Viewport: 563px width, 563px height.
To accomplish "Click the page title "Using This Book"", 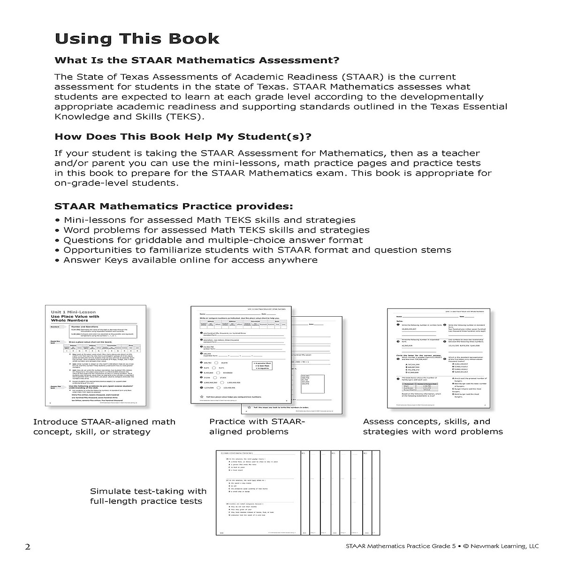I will (137, 38).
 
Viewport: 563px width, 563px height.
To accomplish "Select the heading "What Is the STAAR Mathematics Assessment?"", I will (197, 61).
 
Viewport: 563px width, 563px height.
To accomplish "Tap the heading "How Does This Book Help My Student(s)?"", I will (183, 137).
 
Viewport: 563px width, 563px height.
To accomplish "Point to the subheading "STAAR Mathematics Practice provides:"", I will (174, 206).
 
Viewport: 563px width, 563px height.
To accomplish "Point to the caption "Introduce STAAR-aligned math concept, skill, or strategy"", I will (104, 426).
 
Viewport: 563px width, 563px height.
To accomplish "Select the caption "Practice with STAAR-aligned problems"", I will (257, 426).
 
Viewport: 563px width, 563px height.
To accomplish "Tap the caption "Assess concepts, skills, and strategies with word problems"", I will (433, 426).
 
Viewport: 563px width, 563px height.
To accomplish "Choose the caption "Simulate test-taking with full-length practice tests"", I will (148, 496).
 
